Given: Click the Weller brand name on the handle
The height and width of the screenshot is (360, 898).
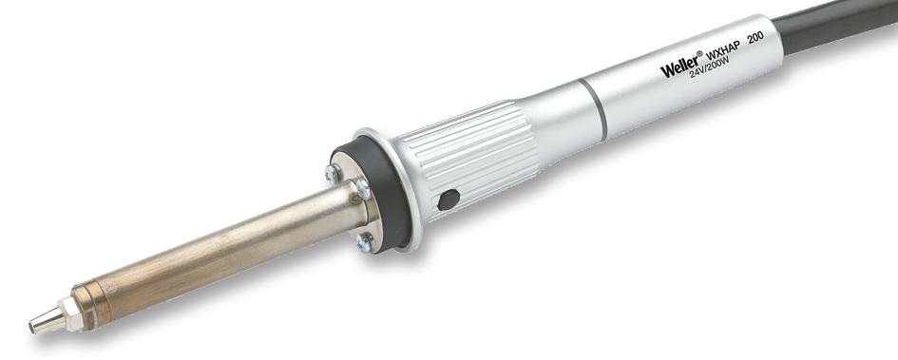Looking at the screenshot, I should [680, 66].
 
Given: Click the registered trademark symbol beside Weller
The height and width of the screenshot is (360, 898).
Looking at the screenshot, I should [700, 53].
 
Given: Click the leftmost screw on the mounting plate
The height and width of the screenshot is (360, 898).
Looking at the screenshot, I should [333, 173].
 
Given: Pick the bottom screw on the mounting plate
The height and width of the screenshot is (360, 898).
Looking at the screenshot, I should [365, 242].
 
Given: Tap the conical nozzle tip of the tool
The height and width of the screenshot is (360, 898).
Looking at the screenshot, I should [40, 323].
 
